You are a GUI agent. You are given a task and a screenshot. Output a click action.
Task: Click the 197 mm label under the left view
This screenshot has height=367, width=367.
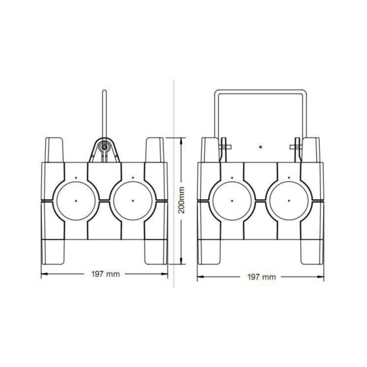point(106,274)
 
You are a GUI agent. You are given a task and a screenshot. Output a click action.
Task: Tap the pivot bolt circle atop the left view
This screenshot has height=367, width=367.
point(104,147)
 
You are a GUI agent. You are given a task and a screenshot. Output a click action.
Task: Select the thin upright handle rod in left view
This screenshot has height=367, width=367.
point(104,114)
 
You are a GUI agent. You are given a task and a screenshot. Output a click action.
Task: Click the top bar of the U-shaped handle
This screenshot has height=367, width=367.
point(260,92)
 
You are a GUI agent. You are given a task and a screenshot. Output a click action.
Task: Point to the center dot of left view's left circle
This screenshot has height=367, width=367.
point(76,201)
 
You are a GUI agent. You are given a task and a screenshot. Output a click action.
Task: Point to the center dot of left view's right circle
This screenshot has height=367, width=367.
point(133,201)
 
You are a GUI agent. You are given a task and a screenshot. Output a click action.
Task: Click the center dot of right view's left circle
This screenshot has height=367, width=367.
point(232,201)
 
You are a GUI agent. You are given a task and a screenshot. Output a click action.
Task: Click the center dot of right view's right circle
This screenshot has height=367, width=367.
point(289,201)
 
